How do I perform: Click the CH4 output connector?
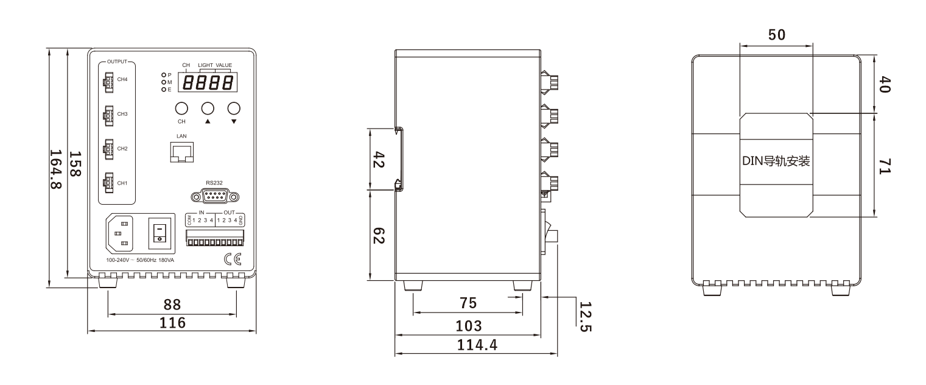108,82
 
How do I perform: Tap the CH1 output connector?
108,183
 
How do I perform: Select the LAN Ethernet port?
182,152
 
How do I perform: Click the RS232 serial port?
215,196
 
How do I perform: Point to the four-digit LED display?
208,82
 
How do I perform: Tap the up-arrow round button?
208,108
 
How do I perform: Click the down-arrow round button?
234,108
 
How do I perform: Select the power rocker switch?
160,234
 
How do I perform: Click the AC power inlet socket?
121,234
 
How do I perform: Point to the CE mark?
233,259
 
